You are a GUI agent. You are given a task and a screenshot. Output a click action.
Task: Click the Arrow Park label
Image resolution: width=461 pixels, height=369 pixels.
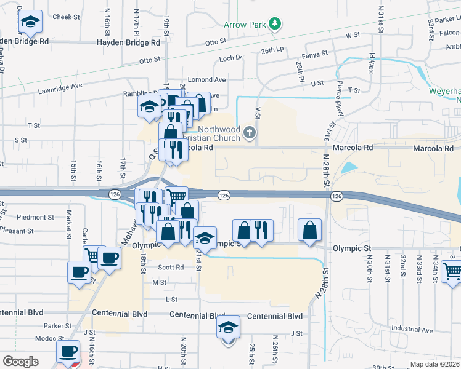(x=244, y=25)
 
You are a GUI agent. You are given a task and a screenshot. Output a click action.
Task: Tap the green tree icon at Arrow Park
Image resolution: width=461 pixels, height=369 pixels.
(x=274, y=25)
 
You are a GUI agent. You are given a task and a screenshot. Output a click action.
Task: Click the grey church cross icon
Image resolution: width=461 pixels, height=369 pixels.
(x=249, y=132)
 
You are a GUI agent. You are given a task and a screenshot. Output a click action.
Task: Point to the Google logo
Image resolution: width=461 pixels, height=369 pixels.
(x=20, y=362)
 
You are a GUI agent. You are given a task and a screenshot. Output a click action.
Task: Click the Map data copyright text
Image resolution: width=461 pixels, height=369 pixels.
(x=434, y=364)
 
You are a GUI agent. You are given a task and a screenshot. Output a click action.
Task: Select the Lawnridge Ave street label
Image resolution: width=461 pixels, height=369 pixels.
(x=60, y=87)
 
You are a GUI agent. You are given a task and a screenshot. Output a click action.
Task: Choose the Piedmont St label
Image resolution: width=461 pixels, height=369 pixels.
(x=35, y=217)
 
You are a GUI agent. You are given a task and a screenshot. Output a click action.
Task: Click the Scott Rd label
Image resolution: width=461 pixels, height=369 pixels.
(x=171, y=268)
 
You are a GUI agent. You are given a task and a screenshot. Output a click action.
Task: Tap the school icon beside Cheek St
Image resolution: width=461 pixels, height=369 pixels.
(x=30, y=23)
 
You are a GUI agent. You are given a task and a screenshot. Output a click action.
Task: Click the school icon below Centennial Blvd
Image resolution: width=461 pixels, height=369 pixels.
(x=229, y=327)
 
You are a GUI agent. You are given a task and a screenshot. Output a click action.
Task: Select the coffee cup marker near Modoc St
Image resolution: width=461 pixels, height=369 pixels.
(x=68, y=352)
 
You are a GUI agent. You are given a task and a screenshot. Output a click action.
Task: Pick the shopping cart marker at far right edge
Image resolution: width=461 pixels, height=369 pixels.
(x=453, y=270)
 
